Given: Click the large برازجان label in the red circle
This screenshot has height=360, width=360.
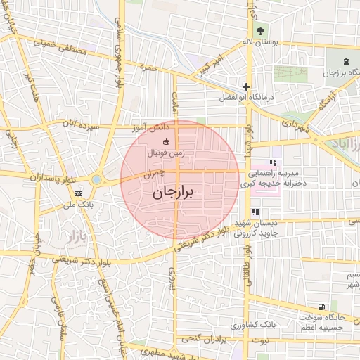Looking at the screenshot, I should [x=172, y=191].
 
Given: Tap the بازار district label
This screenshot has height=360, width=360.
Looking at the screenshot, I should [x=73, y=236].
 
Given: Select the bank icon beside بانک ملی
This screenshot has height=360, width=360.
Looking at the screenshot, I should [x=78, y=193].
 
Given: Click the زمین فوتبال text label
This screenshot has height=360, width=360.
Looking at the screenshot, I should [x=166, y=152].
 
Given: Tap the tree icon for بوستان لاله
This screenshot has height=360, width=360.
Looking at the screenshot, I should [x=260, y=31].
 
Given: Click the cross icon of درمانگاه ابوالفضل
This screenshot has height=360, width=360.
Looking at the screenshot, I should [x=246, y=86].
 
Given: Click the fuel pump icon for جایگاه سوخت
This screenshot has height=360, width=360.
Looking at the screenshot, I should [x=321, y=307].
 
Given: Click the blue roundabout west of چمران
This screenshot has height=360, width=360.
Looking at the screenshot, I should [x=96, y=180].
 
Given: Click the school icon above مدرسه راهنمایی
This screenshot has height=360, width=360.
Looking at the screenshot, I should [x=273, y=163].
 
